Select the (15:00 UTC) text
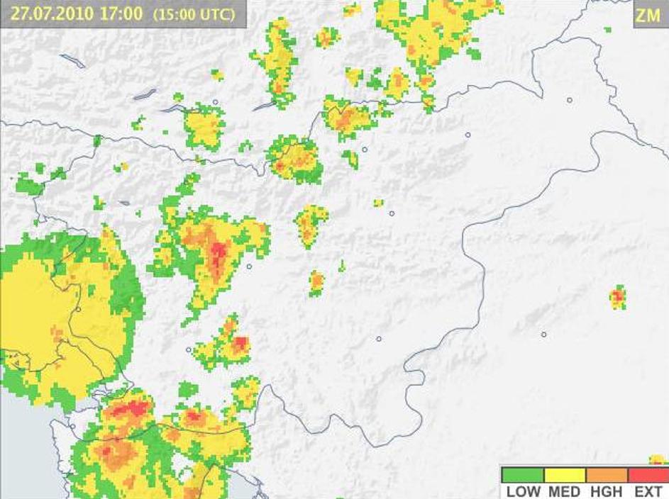192,14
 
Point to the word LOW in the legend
523,491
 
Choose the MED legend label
565,491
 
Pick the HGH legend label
607,491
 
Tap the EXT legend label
648,491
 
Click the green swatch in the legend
522,474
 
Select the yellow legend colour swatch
565,474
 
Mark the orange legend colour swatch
607,474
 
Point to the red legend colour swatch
648,474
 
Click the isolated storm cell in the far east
618,298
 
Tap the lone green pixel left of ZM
608,30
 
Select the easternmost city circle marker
569,101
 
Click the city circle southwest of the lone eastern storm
544,335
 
